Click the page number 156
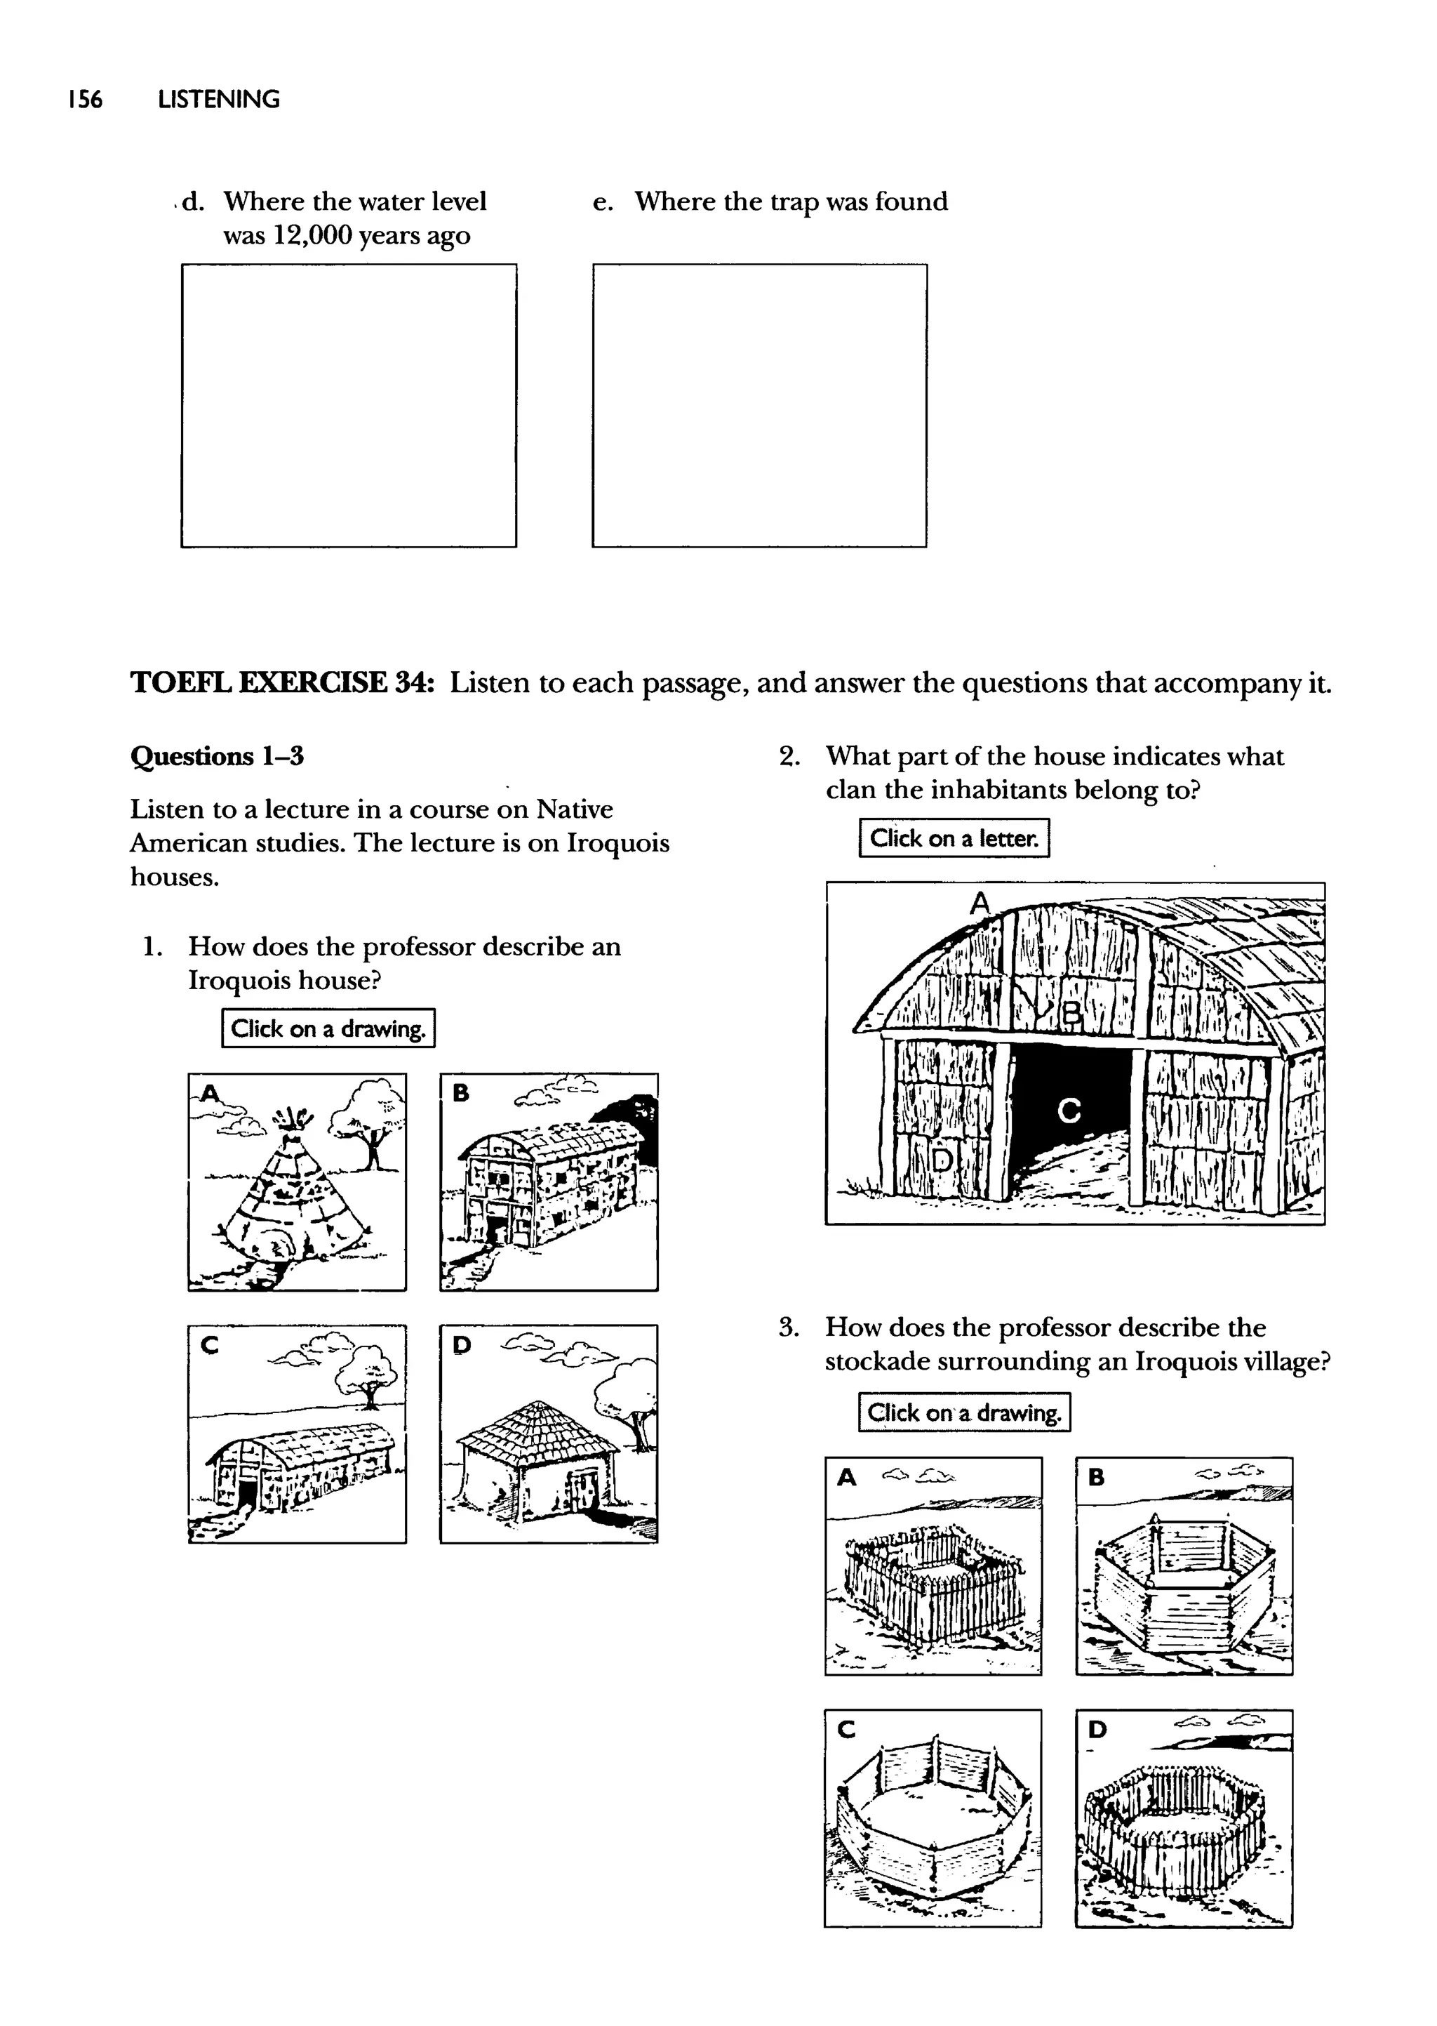click(x=85, y=99)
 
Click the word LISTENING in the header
click(x=218, y=99)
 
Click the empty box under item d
click(x=349, y=405)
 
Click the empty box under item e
click(x=759, y=405)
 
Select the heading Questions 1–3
click(x=217, y=757)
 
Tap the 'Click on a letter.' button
click(x=954, y=838)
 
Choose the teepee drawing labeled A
click(x=298, y=1182)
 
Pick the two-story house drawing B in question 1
click(x=549, y=1182)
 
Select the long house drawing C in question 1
click(x=298, y=1434)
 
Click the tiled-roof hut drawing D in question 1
click(x=549, y=1434)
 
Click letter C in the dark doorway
click(x=1069, y=1110)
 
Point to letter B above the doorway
click(x=1071, y=1012)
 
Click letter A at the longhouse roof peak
click(x=979, y=903)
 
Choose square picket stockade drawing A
click(x=933, y=1567)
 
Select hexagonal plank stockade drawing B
click(x=1184, y=1567)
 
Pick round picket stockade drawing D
click(x=1184, y=1818)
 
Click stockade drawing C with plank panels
click(x=933, y=1818)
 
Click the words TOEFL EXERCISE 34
click(x=282, y=683)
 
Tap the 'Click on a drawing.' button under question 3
click(x=963, y=1412)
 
